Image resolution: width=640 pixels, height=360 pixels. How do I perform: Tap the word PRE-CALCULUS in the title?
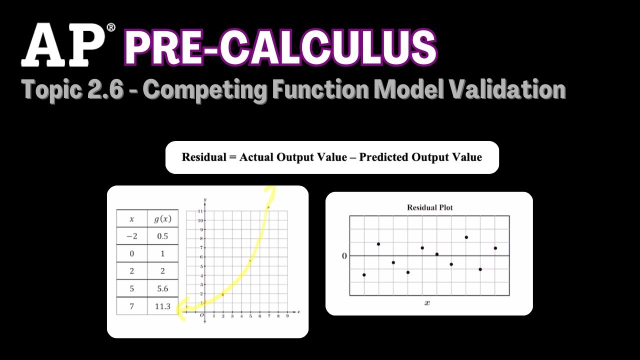(x=280, y=48)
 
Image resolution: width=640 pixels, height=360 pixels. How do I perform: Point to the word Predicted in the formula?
(x=383, y=157)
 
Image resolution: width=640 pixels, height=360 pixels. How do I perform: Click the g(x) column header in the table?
(x=162, y=219)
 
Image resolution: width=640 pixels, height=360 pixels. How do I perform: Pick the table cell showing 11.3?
(x=162, y=306)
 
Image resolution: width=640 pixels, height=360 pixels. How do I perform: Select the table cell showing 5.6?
(x=162, y=288)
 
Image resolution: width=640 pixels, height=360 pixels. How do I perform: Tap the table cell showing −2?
(x=132, y=236)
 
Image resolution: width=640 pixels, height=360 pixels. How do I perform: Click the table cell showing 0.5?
(x=162, y=236)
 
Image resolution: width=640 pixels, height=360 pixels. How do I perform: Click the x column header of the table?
(x=132, y=219)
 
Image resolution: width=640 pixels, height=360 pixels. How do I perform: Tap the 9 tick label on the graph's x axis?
(x=287, y=316)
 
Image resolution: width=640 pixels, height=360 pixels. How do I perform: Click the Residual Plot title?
(x=429, y=207)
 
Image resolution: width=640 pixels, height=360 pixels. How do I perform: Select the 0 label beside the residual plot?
(x=344, y=256)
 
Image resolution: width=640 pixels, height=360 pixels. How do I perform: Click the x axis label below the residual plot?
(x=427, y=303)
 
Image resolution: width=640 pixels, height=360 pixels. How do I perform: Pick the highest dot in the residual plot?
(x=466, y=237)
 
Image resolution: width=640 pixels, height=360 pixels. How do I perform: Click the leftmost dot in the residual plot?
(x=364, y=275)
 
